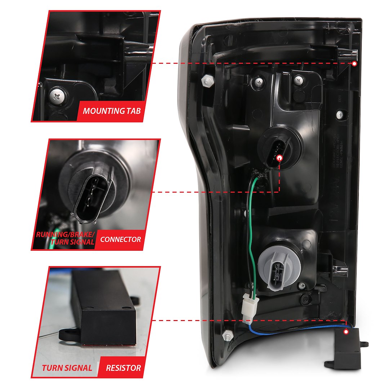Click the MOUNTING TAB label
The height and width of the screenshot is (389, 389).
(x=111, y=111)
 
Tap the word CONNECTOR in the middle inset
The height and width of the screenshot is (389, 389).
(x=121, y=239)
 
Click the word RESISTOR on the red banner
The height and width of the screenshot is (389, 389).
(x=123, y=368)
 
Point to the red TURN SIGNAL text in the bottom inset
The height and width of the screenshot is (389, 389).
(x=67, y=368)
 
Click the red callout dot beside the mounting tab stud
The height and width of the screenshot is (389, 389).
(x=354, y=63)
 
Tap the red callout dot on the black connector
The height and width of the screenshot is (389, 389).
(x=280, y=158)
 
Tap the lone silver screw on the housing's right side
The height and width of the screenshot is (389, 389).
(x=340, y=115)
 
